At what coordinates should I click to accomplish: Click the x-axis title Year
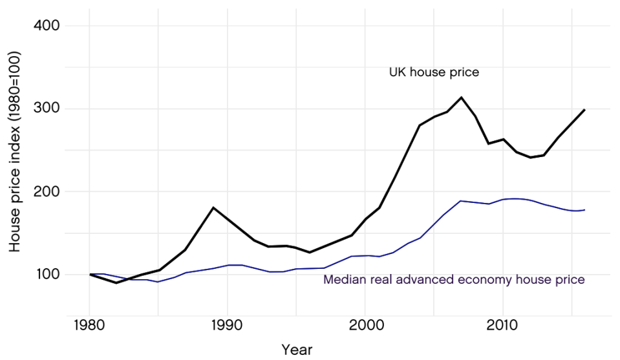tap(297, 350)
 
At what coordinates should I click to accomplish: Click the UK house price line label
tap(434, 72)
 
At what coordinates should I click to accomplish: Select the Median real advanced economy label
tap(454, 280)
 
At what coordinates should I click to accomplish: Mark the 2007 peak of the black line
tap(461, 98)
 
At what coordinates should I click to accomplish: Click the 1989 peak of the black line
tap(213, 207)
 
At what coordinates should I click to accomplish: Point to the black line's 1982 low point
tap(117, 282)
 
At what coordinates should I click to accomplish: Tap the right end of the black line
tap(584, 109)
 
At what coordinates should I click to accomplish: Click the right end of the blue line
tap(584, 209)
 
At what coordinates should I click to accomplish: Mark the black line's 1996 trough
tap(310, 252)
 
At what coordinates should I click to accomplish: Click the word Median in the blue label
tap(343, 280)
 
